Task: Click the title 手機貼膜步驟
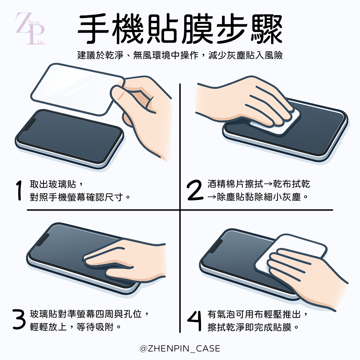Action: [180, 30]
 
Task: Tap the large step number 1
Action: [19, 191]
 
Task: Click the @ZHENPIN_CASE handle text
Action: [180, 348]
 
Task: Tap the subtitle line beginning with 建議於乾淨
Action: [180, 55]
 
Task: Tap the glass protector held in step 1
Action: [70, 86]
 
